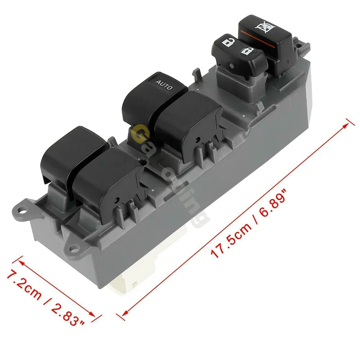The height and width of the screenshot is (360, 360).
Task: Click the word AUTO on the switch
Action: (164, 85)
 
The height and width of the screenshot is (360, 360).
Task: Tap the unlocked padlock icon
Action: (227, 43)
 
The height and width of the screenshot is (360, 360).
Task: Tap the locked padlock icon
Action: (247, 51)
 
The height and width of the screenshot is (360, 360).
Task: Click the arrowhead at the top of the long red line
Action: (347, 123)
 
